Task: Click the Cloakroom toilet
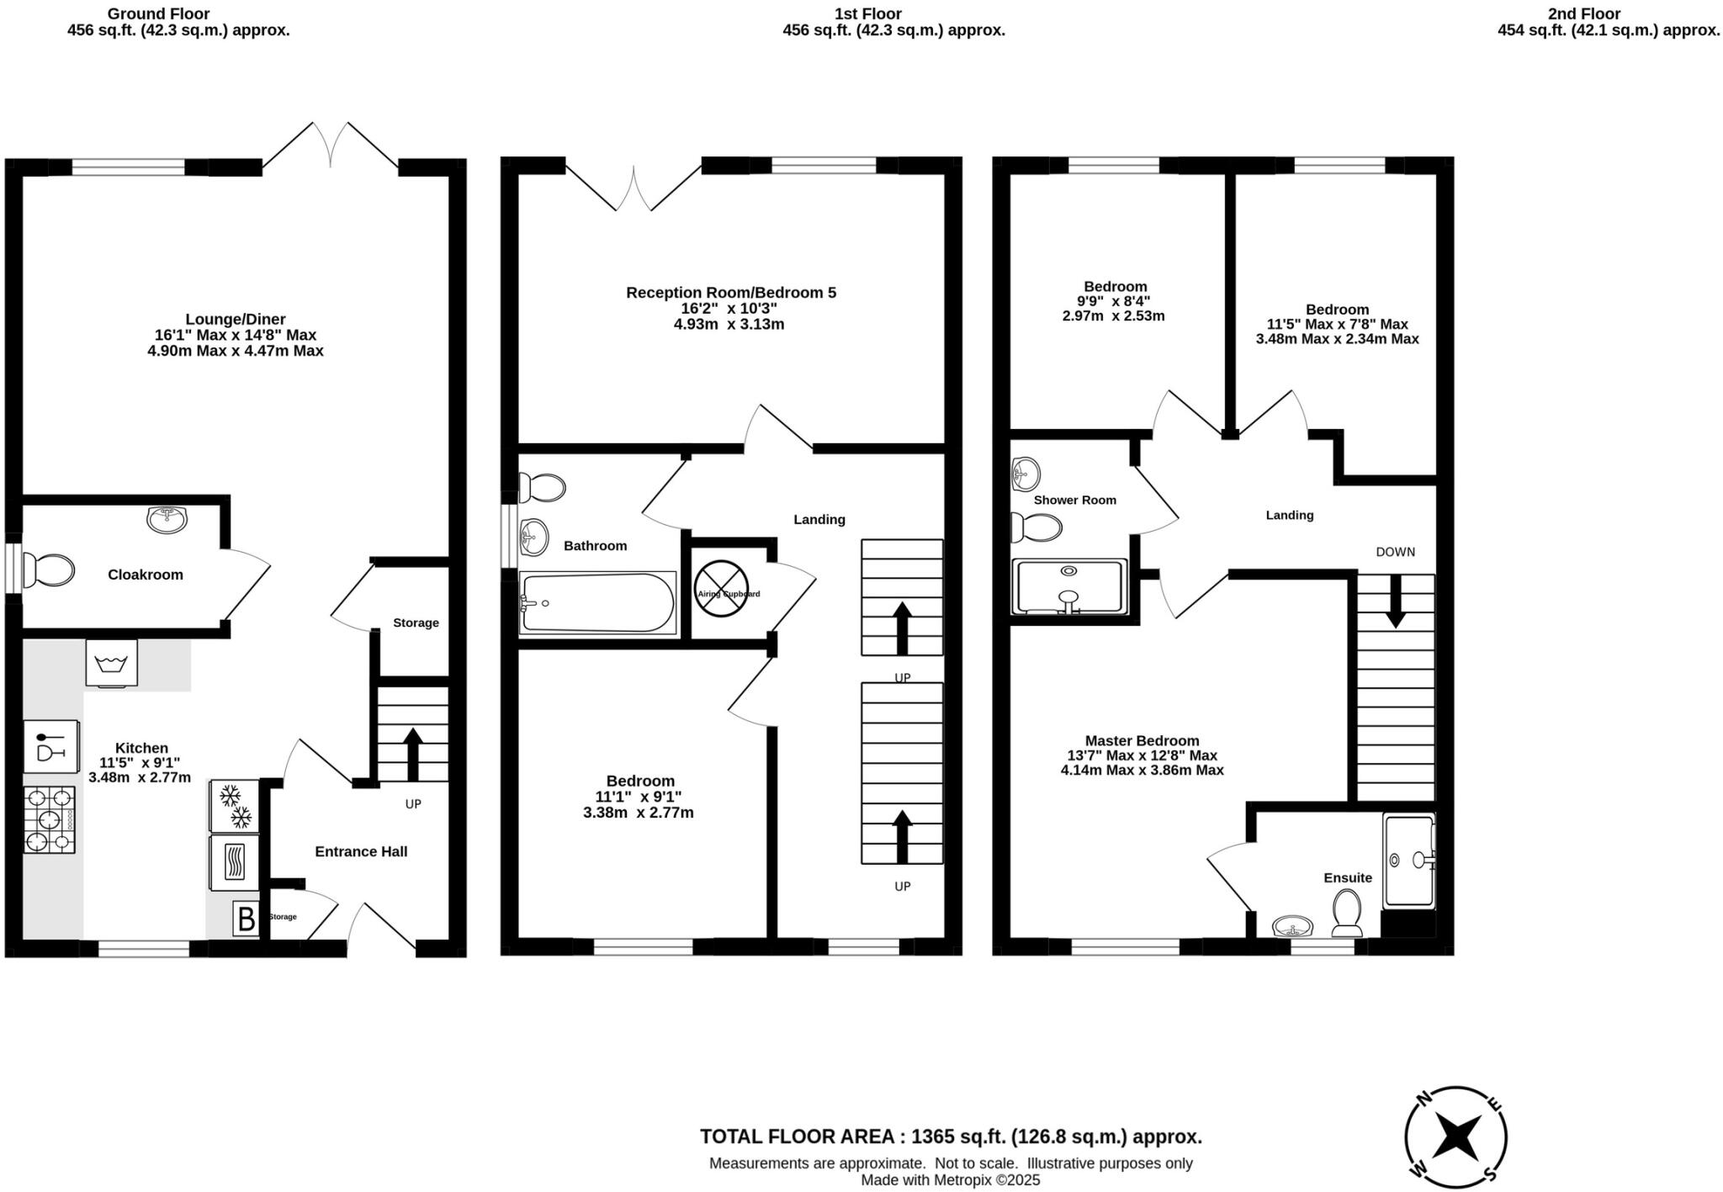coord(49,570)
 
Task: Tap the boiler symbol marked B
coord(246,919)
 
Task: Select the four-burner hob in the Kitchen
coord(49,819)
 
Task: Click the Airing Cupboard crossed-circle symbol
coord(721,588)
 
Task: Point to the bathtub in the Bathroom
coord(597,603)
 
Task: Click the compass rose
coord(1455,1137)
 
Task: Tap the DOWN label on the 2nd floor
coord(1395,552)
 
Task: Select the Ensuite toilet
coord(1347,914)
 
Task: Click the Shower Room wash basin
coord(1026,474)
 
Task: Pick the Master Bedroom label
coord(1142,740)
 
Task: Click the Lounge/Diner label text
coord(235,320)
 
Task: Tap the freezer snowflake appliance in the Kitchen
coord(234,806)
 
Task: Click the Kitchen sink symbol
coord(51,746)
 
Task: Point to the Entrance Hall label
coord(361,851)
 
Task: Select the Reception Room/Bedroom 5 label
coord(730,293)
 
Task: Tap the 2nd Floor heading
coord(1607,13)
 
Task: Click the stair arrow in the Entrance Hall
coord(412,754)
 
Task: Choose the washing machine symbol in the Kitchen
coord(111,664)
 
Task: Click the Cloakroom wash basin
coord(167,519)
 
